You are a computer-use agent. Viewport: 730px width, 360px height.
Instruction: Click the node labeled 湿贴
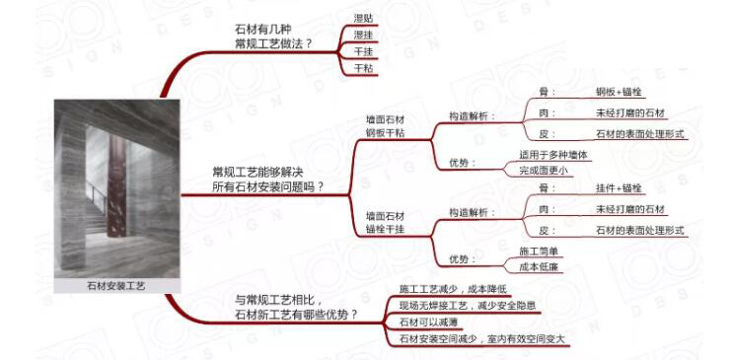[x=363, y=18]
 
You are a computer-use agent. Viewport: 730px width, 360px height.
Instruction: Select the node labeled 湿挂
[x=363, y=35]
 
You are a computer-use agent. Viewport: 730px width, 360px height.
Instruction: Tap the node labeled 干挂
[x=363, y=51]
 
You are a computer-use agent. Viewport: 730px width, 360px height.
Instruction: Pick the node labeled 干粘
[x=363, y=68]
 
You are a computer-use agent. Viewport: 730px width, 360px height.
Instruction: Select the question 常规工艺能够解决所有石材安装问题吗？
[x=267, y=179]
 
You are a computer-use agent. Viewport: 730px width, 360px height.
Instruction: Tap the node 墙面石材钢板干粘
[x=385, y=127]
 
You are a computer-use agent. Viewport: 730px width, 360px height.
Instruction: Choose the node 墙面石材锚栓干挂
[x=385, y=222]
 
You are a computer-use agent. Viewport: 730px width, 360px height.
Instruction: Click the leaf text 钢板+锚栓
[x=619, y=92]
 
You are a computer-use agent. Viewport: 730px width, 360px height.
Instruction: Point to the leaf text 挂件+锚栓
[x=619, y=187]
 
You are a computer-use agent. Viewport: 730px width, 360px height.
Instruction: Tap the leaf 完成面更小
[x=544, y=171]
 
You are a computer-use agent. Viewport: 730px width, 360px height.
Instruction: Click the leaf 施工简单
[x=539, y=250]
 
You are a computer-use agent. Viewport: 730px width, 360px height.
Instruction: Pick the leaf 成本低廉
[x=539, y=266]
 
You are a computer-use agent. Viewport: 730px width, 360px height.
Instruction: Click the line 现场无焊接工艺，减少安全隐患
[x=468, y=306]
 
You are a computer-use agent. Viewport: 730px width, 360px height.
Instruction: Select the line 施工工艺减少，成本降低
[x=453, y=289]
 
